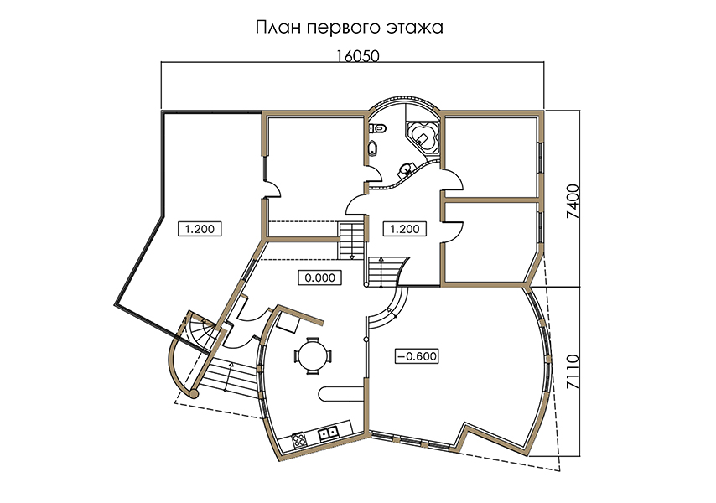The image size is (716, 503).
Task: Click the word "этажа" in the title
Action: tap(415, 28)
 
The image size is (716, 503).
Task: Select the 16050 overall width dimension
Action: tap(358, 55)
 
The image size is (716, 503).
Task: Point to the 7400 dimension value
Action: tap(573, 201)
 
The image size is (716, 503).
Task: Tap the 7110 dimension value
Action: tap(573, 372)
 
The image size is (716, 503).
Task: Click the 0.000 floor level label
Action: tap(319, 277)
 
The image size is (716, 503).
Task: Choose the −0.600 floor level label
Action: tap(417, 356)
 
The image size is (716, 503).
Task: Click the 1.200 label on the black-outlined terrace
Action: tap(199, 229)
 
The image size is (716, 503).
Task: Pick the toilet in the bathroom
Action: tap(378, 129)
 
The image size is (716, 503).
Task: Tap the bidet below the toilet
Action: tap(373, 148)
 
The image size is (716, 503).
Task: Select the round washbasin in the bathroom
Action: tap(405, 171)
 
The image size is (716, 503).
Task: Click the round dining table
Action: tap(313, 355)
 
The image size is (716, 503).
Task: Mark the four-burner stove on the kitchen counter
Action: tap(299, 439)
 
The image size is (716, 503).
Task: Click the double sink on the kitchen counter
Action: tap(329, 432)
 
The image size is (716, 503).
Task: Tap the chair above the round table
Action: tap(313, 340)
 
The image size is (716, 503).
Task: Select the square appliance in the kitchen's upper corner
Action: tap(288, 323)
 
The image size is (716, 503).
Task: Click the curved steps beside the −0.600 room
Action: tap(392, 306)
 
